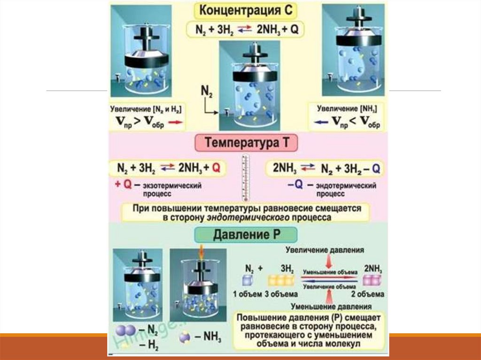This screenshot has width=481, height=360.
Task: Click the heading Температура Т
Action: point(250,143)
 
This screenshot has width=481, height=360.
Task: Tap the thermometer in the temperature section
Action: point(245,179)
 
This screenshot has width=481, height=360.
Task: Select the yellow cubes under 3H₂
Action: point(281,281)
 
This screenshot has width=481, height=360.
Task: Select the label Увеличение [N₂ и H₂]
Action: point(147,108)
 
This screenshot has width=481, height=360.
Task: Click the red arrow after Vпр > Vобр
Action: point(174,122)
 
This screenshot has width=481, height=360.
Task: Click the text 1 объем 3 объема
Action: point(265,294)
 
